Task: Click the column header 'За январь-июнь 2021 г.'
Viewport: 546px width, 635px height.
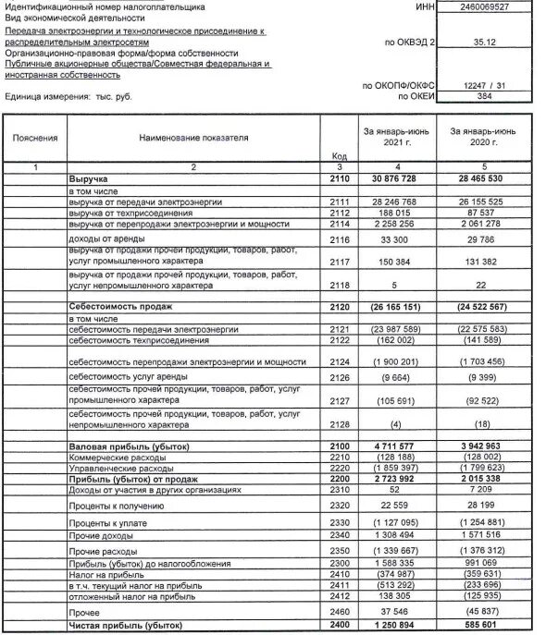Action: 390,140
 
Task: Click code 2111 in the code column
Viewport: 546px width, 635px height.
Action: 338,201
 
